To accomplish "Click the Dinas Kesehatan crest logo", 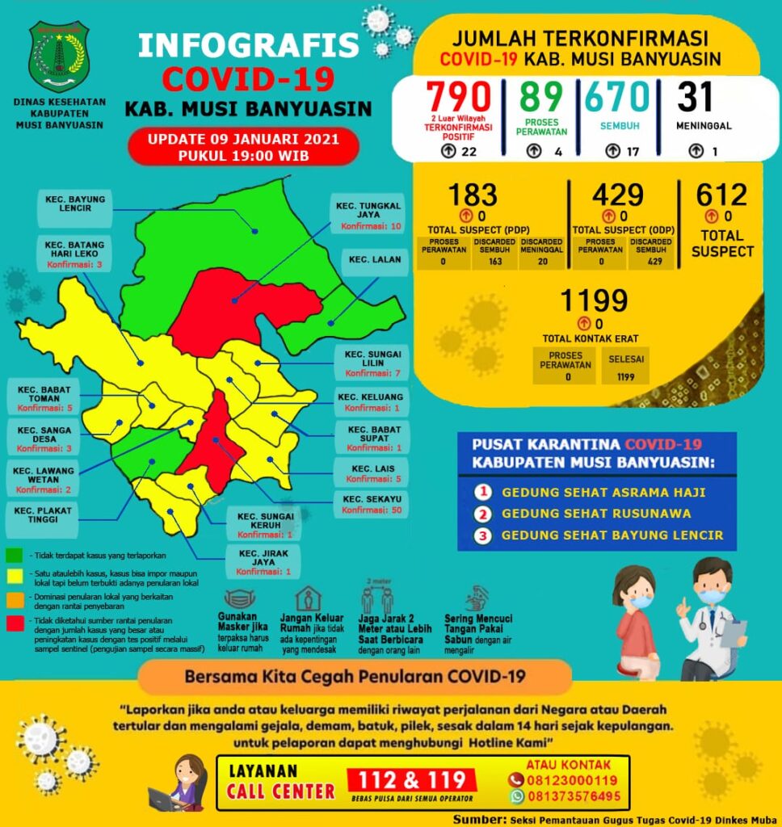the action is tap(59, 57).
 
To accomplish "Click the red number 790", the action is tap(459, 98).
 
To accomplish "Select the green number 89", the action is tap(540, 98).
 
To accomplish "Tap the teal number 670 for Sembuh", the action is tap(617, 98).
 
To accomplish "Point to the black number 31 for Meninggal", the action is tap(695, 98).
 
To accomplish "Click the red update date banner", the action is tap(242, 146).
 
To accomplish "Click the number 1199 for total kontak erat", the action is tap(595, 301).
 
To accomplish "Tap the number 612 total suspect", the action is tap(722, 195).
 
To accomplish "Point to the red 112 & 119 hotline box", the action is tap(412, 781).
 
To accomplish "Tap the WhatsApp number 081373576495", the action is tap(574, 796).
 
